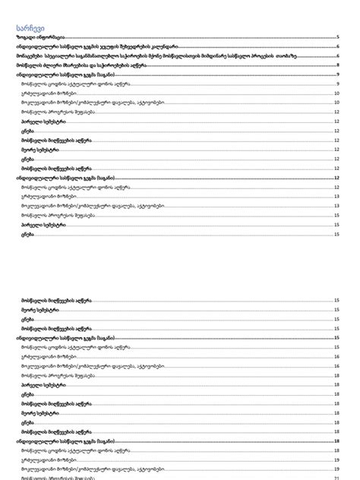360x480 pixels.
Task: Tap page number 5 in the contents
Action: pyautogui.click(x=336, y=36)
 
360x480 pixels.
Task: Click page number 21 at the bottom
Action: pyautogui.click(x=336, y=477)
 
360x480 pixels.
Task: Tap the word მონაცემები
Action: pyautogui.click(x=29, y=56)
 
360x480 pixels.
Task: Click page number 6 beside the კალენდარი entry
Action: pyautogui.click(x=336, y=46)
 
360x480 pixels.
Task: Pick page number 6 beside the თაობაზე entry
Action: pyautogui.click(x=336, y=56)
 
